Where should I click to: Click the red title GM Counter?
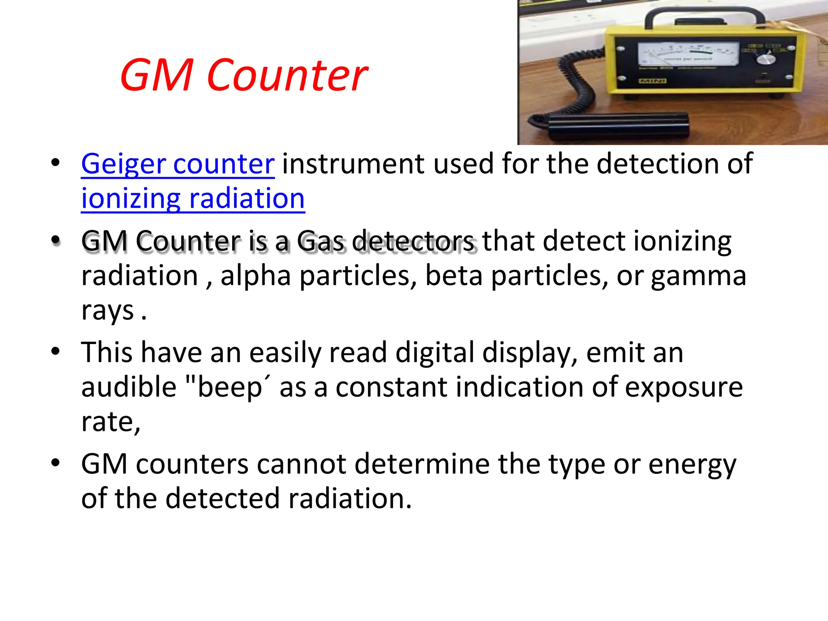click(x=244, y=75)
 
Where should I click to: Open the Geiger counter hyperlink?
click(x=178, y=164)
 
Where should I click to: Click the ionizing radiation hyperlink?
click(x=193, y=199)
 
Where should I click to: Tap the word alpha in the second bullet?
click(x=256, y=276)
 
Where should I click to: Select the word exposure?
click(x=684, y=387)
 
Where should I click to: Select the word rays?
click(x=107, y=310)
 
